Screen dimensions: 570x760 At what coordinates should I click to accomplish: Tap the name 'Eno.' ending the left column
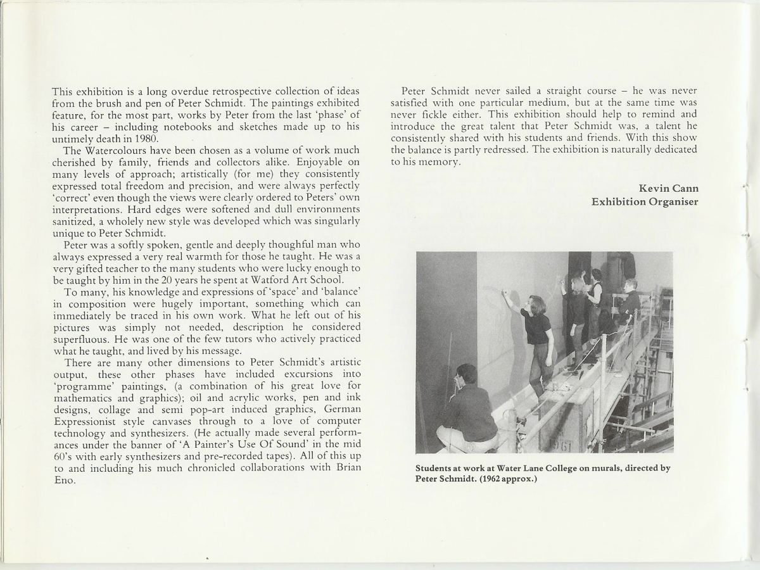[x=65, y=480]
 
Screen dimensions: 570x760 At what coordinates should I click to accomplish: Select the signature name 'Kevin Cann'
[x=668, y=189]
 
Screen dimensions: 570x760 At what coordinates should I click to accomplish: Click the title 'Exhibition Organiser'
[x=645, y=201]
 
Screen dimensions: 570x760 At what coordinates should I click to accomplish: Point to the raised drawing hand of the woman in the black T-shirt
[x=505, y=293]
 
